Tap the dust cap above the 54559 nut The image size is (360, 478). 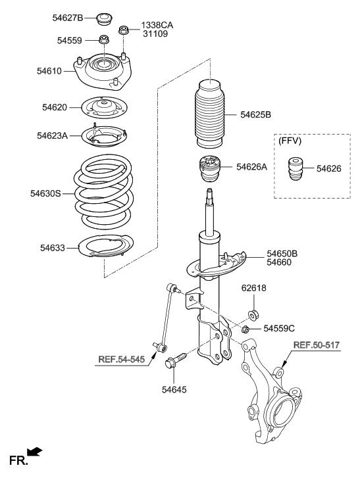pos(103,16)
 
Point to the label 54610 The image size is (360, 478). pos(49,70)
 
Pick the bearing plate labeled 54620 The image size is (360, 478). pos(103,107)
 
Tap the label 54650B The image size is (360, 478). pos(282,253)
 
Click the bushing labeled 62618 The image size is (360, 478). pos(252,312)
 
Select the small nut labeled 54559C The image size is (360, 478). pos(245,329)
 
